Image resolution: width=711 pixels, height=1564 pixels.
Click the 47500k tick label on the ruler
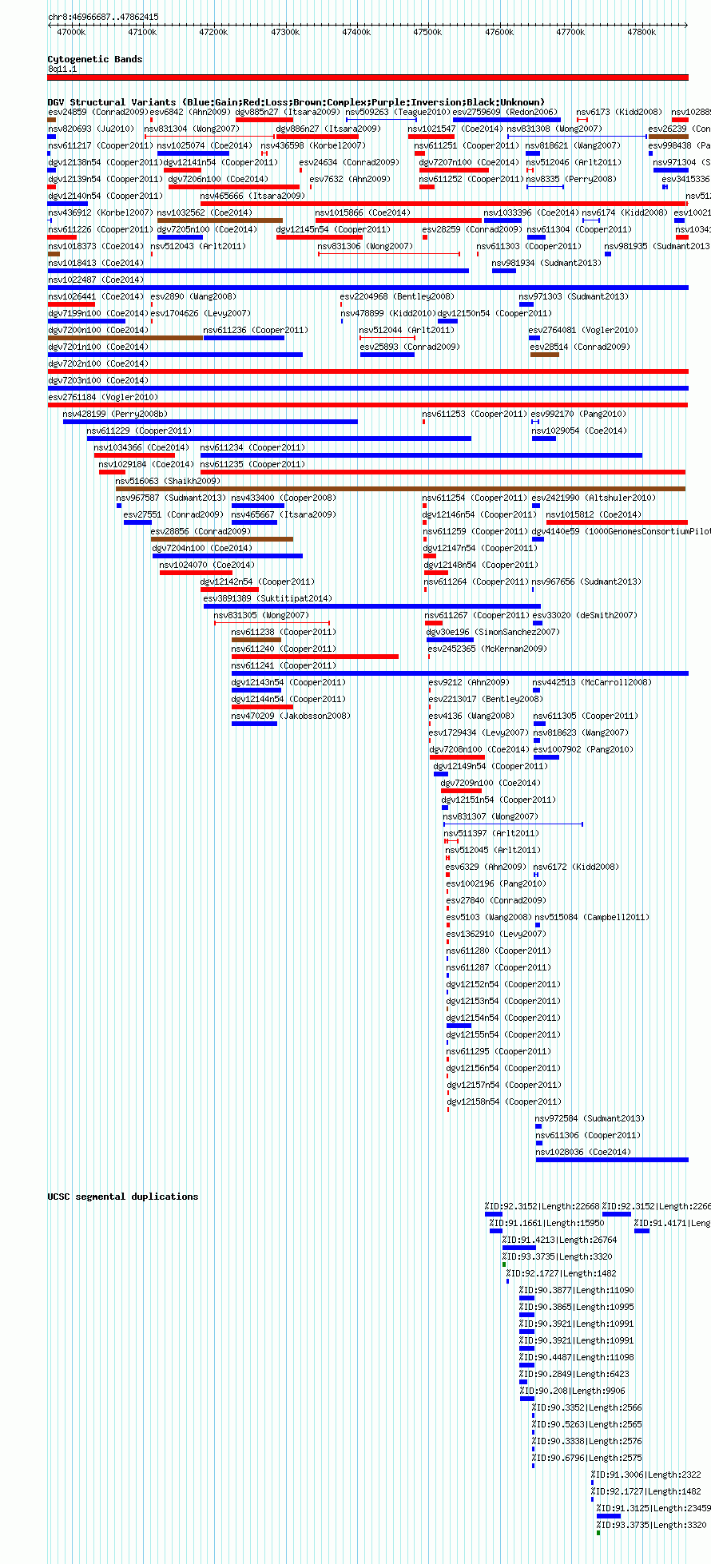[x=427, y=32]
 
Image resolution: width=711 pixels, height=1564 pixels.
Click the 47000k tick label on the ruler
[x=71, y=32]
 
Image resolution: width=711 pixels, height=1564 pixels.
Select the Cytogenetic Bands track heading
[x=94, y=59]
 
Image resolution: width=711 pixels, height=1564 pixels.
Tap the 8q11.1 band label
[x=62, y=69]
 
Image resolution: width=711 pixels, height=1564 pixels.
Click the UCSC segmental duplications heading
[x=122, y=1197]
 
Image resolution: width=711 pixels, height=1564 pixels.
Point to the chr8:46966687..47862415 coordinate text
[x=103, y=17]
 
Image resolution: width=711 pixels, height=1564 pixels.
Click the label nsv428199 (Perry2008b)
[x=115, y=414]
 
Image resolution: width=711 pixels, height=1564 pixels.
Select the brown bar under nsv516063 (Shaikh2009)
[x=399, y=489]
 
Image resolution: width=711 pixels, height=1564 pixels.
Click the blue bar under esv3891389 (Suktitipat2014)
[x=371, y=606]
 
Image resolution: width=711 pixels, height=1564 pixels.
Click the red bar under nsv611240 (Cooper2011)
[x=315, y=657]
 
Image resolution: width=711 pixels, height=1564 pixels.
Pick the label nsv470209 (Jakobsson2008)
[x=290, y=716]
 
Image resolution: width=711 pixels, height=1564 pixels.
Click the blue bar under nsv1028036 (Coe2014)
[x=611, y=1160]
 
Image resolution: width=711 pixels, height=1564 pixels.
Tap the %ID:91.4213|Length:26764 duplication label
[x=559, y=1240]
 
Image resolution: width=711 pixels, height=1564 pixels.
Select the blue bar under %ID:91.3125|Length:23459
[x=608, y=1516]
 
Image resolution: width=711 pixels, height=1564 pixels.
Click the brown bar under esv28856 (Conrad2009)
[x=221, y=539]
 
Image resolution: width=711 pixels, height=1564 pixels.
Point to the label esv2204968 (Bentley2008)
[x=396, y=296]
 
